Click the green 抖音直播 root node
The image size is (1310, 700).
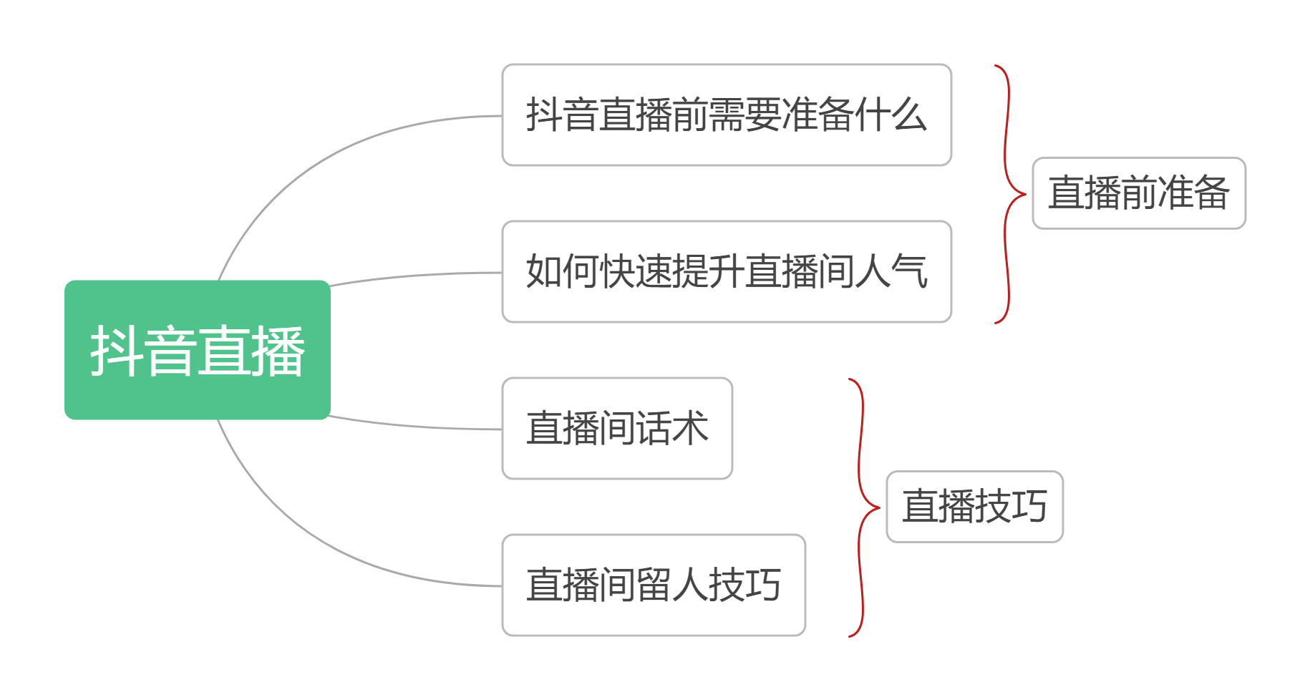coord(198,350)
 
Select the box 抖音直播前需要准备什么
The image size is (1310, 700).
coord(727,115)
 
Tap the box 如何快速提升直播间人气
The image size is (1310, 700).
coord(727,272)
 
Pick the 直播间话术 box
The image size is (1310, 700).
coord(617,429)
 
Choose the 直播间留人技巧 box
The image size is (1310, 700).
coord(654,585)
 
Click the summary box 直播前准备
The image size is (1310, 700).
coord(1139,193)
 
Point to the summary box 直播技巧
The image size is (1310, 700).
coord(974,507)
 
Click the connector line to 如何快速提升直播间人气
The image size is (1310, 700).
coord(415,276)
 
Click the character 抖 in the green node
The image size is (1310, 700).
coord(117,351)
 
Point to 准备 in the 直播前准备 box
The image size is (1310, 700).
coord(1194,193)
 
